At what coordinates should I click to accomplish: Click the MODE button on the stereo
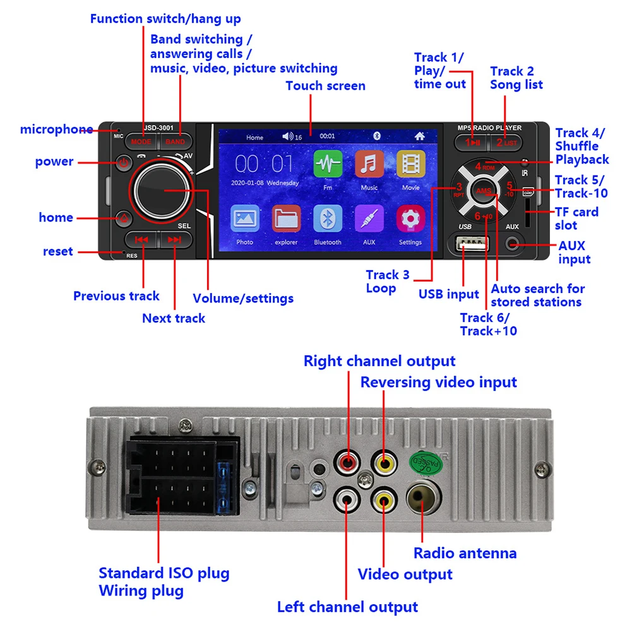point(141,142)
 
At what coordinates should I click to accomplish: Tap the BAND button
point(176,142)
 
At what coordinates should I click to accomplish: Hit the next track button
point(175,240)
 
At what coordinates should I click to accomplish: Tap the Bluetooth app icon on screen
point(328,219)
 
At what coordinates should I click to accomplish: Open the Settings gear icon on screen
point(410,219)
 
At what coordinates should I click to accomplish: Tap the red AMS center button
point(484,191)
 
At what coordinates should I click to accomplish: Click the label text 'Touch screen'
point(325,86)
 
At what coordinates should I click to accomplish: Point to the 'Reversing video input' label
point(438,382)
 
